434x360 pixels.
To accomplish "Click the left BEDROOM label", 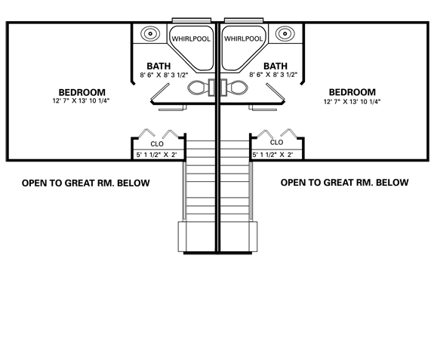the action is pos(82,92).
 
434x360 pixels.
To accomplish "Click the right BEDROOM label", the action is pos(352,92).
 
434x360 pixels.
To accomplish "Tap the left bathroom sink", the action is pos(150,33).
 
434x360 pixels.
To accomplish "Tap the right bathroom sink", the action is pos(285,33).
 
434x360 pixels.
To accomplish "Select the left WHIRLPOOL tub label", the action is pos(191,38).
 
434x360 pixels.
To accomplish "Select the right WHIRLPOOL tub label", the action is pos(243,38).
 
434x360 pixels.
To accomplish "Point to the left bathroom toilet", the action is pos(202,88).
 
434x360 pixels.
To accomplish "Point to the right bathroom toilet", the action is pos(234,88).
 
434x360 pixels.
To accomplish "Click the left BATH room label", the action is pos(159,66).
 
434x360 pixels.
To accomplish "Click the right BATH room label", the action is pos(275,66).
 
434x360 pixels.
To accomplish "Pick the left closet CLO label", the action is pos(157,144).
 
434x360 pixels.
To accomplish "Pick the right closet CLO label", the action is pos(276,142).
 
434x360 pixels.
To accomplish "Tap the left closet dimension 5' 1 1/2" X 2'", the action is pos(156,155).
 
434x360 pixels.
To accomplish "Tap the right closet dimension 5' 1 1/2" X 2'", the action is pos(272,155).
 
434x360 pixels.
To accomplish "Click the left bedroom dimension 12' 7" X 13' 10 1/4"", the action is pos(81,100).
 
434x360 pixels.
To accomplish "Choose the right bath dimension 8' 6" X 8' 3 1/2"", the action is pos(273,75).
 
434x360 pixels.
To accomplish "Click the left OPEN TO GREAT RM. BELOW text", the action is pos(86,183).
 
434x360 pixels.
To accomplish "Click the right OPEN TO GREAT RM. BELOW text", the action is pos(345,183).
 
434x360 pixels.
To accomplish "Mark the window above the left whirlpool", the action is pos(192,20).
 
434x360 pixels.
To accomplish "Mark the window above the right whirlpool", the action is pos(244,20).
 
